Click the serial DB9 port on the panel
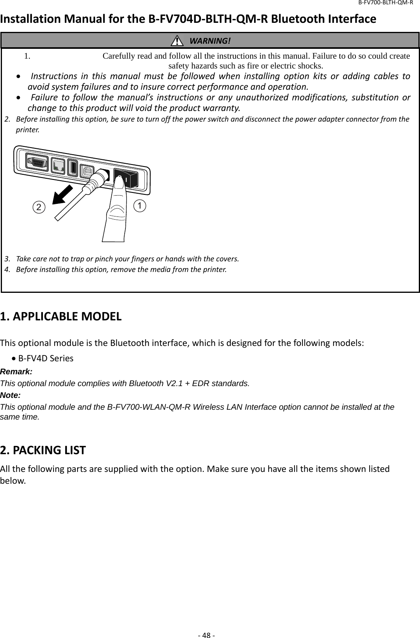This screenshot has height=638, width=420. click(x=37, y=162)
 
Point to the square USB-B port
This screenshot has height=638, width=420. click(x=87, y=170)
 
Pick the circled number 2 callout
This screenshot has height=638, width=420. click(x=39, y=207)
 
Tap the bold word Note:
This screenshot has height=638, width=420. click(x=11, y=395)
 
